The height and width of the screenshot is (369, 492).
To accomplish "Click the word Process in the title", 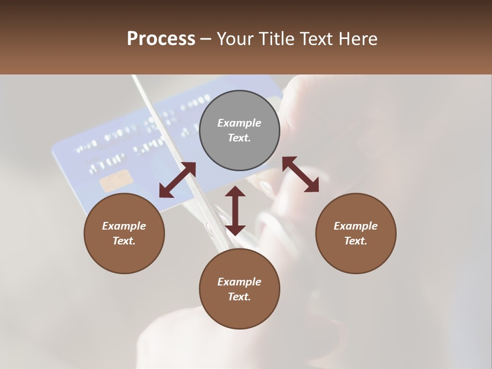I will pyautogui.click(x=161, y=38).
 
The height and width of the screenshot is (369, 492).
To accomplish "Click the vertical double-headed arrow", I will pyautogui.click(x=235, y=211).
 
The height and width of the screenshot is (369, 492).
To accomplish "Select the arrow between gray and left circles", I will pyautogui.click(x=177, y=179).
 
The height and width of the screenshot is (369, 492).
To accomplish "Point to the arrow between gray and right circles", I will pyautogui.click(x=300, y=174).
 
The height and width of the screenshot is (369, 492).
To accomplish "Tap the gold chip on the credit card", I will pyautogui.click(x=116, y=180).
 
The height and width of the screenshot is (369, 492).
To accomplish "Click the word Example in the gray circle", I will pyautogui.click(x=239, y=123).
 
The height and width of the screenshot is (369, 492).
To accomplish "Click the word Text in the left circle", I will pyautogui.click(x=124, y=241).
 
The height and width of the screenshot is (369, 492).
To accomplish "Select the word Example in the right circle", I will pyautogui.click(x=356, y=226).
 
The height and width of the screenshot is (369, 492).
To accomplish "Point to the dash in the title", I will pyautogui.click(x=206, y=39).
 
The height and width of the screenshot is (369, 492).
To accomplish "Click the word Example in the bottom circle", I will pyautogui.click(x=239, y=282).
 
